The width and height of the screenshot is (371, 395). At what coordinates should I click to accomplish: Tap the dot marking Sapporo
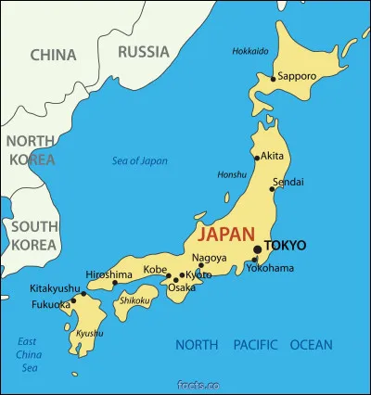[x=273, y=79]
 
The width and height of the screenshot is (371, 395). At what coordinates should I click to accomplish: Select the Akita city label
[x=273, y=156]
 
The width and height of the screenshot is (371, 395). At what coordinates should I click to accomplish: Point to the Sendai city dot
[x=272, y=188]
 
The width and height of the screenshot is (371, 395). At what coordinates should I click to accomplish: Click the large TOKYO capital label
[x=285, y=246]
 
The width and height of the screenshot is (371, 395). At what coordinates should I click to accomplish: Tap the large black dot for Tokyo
[x=257, y=248]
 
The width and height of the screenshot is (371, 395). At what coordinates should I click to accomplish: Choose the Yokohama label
[x=270, y=268]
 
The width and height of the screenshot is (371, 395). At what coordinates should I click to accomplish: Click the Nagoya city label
[x=209, y=257]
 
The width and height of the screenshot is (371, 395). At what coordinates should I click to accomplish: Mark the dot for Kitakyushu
[x=83, y=294]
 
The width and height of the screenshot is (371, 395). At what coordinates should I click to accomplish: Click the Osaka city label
[x=181, y=287]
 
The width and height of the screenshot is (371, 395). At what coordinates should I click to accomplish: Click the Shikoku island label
[x=135, y=299]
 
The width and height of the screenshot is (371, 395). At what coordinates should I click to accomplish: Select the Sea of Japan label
[x=140, y=160]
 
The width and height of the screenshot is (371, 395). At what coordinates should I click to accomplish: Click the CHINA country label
[x=53, y=55]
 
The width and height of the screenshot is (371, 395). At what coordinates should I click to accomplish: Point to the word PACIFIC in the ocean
[x=255, y=345]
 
